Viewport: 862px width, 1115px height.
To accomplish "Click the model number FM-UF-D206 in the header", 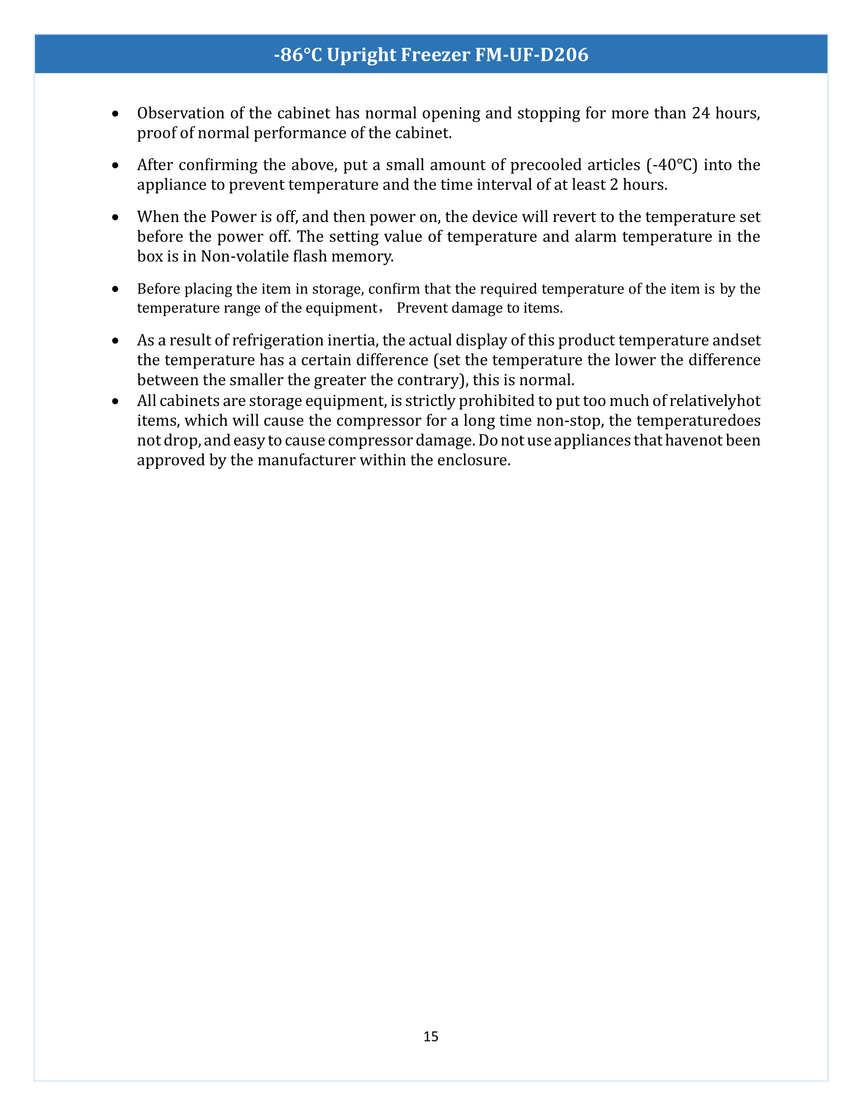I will pos(531,55).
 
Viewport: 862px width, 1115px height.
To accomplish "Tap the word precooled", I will pos(547,165).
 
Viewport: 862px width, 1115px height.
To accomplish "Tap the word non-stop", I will pos(570,421).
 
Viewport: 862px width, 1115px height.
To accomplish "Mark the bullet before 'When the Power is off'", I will pos(116,217).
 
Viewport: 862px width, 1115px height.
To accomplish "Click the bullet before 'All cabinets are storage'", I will pos(116,401).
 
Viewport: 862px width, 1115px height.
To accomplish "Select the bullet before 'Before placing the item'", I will pos(116,289).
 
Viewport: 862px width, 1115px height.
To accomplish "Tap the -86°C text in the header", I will pos(298,55).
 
